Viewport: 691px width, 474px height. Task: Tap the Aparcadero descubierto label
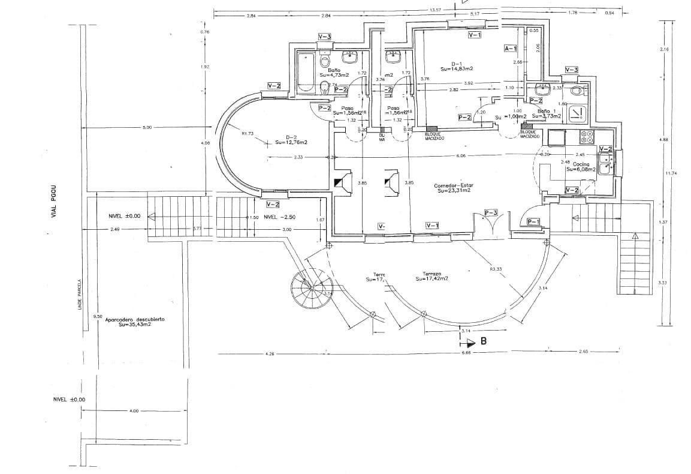[x=135, y=322]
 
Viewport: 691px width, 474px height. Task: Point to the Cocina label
[x=581, y=164]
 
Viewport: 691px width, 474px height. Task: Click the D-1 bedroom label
[x=457, y=66]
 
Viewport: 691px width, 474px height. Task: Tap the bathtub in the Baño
[x=305, y=72]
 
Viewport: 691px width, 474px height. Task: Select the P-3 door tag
[x=491, y=213]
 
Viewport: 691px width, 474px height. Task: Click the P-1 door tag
[x=533, y=222]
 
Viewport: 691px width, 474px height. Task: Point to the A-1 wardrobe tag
[x=511, y=47]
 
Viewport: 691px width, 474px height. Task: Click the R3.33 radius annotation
[x=496, y=269]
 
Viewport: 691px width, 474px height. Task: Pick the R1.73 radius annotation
[x=248, y=134]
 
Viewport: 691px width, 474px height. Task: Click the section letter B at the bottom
[x=483, y=342]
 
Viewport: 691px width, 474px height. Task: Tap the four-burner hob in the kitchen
[x=587, y=137]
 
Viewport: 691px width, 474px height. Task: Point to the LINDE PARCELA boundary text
[x=79, y=295]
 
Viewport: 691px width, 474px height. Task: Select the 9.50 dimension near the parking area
[x=98, y=316]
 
